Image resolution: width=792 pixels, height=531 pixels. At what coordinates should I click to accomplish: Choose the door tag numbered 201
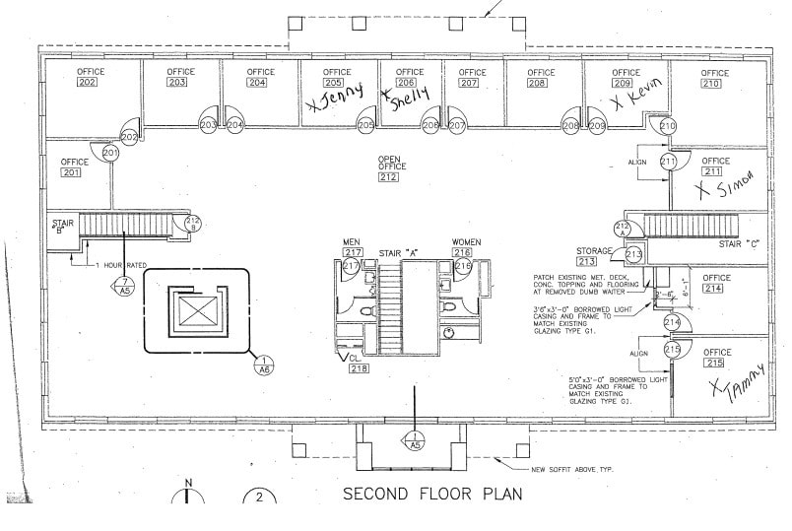point(110,153)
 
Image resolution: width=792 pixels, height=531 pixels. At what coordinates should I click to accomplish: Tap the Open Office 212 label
point(388,168)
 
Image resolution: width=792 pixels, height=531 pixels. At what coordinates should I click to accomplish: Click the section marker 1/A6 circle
point(263,365)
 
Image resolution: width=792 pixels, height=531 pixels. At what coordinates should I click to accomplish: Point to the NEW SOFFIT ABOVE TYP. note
point(572,469)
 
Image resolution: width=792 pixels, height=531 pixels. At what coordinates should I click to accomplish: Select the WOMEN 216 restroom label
point(466,247)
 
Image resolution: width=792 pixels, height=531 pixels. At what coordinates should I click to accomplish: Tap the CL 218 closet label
point(359,364)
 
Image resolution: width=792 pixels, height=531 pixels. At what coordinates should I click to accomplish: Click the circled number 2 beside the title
point(259,498)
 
